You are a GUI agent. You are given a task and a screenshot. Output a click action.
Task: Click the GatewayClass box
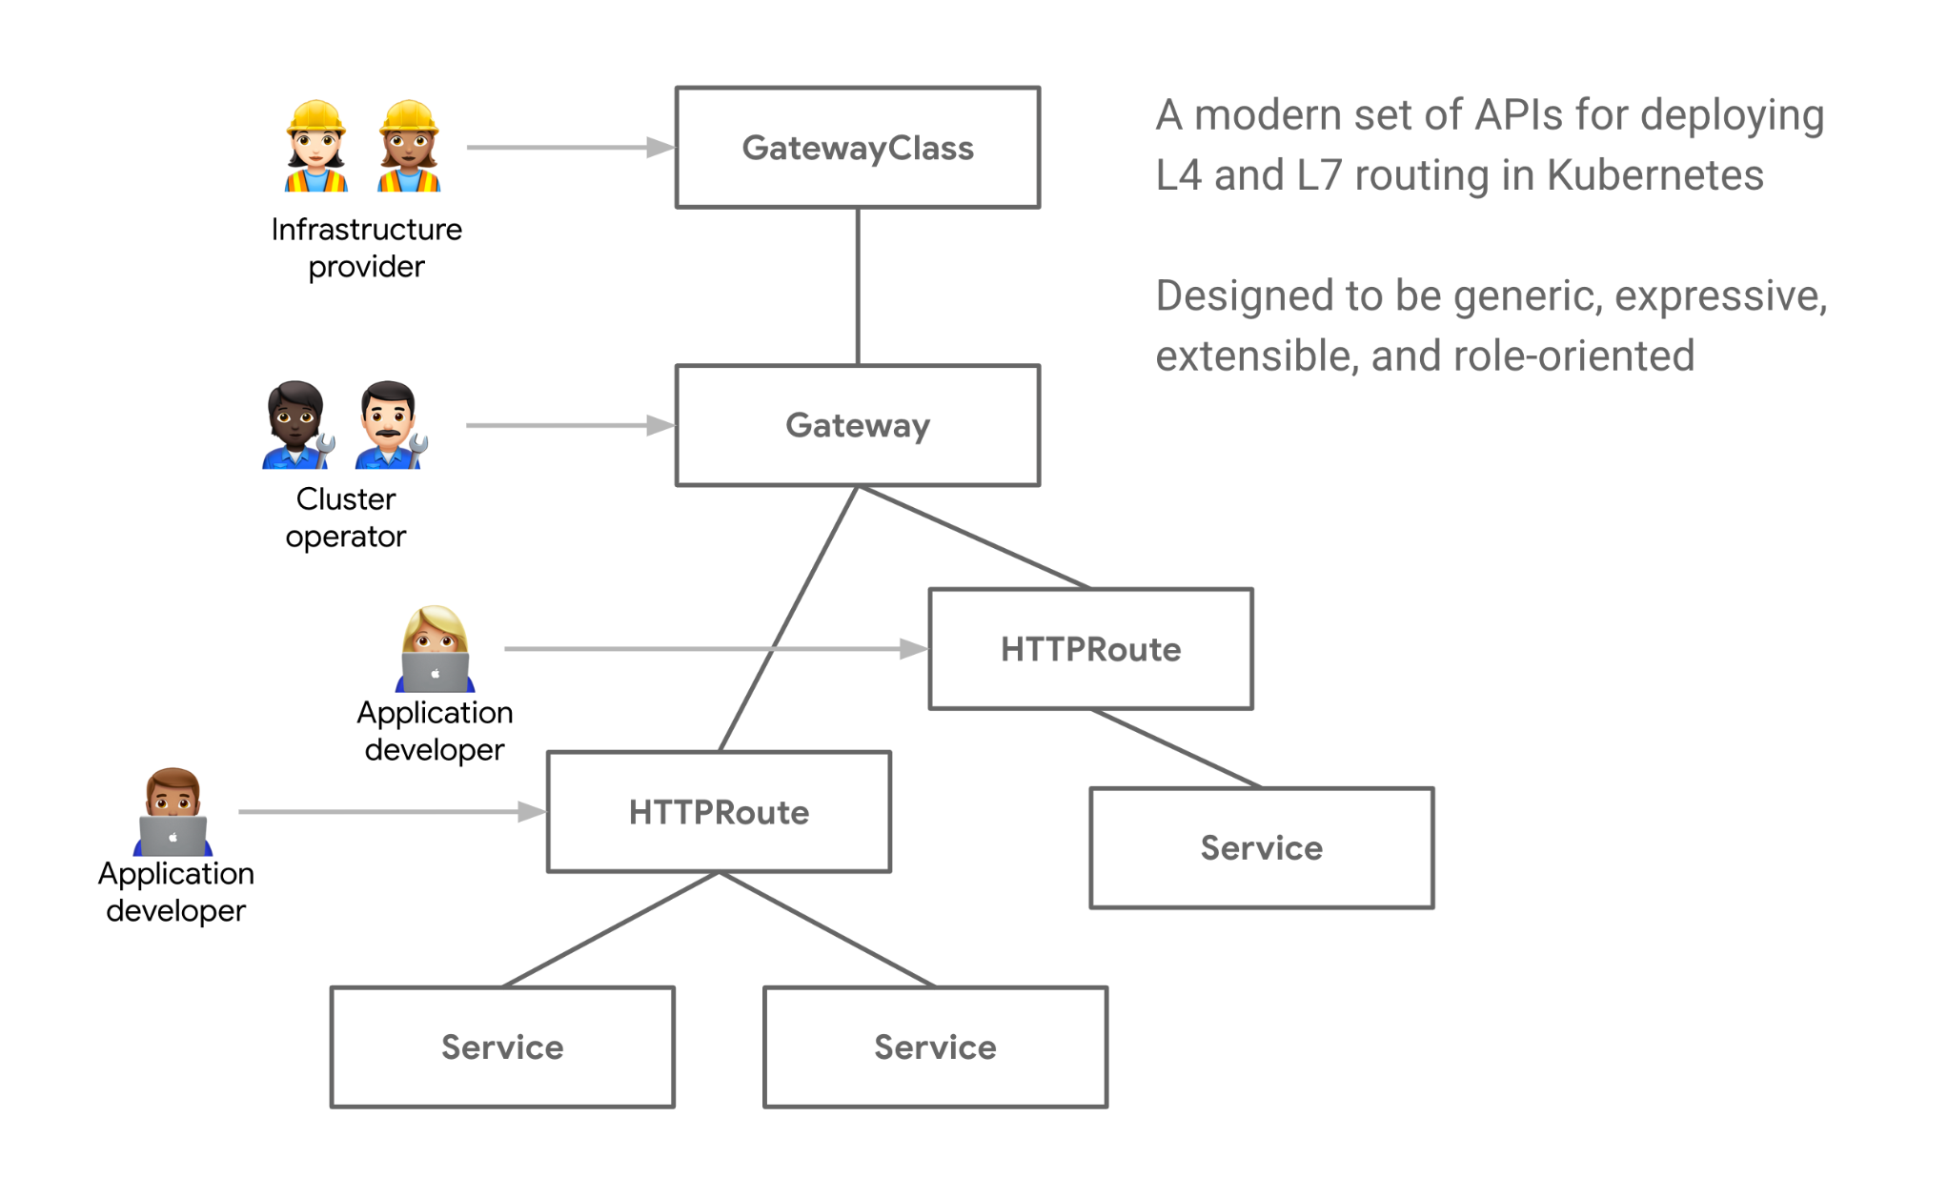point(858,148)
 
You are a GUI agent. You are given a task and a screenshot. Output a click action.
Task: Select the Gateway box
point(858,425)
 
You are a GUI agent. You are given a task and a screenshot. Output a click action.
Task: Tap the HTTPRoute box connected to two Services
point(719,812)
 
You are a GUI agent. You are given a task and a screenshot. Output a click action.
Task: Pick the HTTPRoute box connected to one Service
point(1090,649)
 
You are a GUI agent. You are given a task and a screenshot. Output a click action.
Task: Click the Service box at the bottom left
point(502,1046)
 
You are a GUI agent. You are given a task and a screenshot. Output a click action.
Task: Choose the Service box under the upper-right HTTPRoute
point(1261,847)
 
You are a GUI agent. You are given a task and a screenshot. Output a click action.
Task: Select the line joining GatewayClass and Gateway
point(858,286)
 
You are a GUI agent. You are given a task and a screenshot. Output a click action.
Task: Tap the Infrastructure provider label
point(366,248)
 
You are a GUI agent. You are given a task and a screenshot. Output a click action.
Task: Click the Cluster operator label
point(346,518)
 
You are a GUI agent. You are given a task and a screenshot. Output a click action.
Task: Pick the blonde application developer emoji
point(435,648)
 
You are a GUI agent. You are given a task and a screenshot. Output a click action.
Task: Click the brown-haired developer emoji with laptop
point(172,811)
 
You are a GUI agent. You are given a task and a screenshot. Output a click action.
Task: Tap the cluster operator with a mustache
point(389,425)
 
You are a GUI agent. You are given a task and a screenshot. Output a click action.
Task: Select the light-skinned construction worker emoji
point(315,147)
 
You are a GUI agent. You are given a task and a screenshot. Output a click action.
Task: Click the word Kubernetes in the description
point(1654,175)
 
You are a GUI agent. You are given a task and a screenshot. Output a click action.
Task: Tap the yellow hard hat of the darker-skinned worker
point(409,116)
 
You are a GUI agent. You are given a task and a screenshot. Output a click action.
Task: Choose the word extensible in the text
point(1256,356)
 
